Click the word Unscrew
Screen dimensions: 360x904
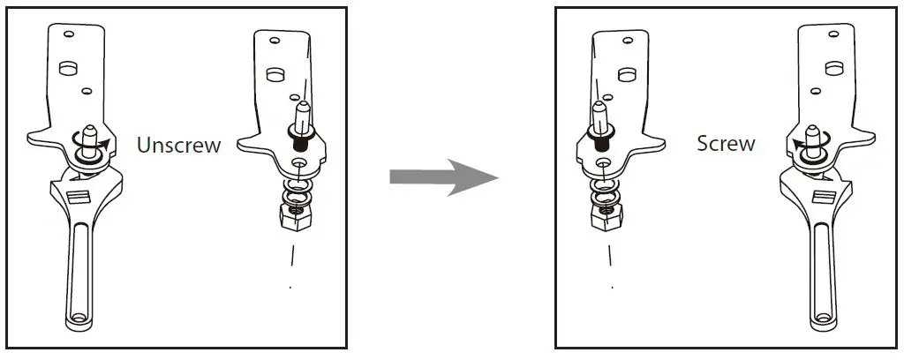click(178, 146)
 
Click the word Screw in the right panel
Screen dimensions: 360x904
click(726, 144)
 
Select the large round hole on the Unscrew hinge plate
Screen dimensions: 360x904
click(65, 68)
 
